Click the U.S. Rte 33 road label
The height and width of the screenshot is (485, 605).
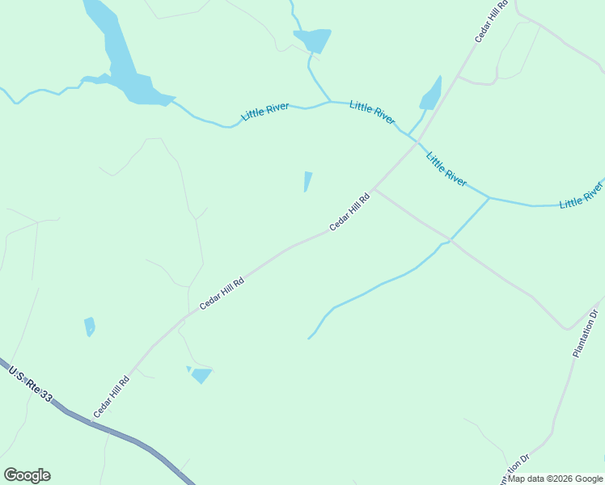pos(31,385)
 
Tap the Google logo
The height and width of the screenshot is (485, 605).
pos(27,475)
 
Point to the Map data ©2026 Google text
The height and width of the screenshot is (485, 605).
pos(556,479)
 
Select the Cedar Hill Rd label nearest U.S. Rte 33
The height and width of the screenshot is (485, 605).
pos(112,397)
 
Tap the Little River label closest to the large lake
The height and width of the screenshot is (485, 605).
pos(265,111)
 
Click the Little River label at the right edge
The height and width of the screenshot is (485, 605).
pos(582,195)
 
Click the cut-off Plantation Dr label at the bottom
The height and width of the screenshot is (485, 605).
pos(514,469)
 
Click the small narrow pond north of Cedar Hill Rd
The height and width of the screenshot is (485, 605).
pos(307,181)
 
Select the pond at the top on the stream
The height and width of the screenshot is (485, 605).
pos(312,40)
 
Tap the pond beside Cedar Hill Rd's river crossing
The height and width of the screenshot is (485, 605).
pos(431,95)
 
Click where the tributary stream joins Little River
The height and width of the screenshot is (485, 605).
pos(489,196)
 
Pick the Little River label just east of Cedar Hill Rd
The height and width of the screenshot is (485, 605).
pos(446,169)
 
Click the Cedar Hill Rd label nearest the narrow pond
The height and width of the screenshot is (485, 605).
pos(349,211)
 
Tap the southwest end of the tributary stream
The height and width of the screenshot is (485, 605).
pos(309,338)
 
